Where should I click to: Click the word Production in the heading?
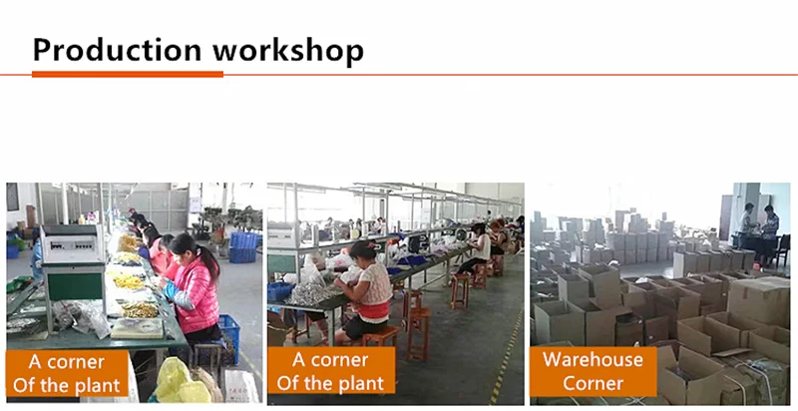(x=117, y=50)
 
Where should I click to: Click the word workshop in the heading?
(x=287, y=50)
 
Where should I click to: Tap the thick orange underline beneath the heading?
(x=128, y=74)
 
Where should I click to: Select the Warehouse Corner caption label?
(x=593, y=371)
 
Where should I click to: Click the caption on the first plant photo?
(x=67, y=374)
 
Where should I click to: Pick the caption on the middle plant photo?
(x=331, y=371)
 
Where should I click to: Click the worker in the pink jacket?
(x=194, y=291)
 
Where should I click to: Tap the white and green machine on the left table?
(x=73, y=263)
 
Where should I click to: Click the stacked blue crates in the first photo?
(x=242, y=247)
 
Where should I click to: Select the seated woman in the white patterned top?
(x=364, y=294)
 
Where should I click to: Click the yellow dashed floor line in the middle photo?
(x=506, y=356)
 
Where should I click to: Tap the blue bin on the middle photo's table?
(x=280, y=291)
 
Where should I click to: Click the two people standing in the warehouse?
(x=759, y=228)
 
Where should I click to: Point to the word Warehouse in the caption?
(x=593, y=359)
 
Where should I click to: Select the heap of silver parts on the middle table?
(x=311, y=294)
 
